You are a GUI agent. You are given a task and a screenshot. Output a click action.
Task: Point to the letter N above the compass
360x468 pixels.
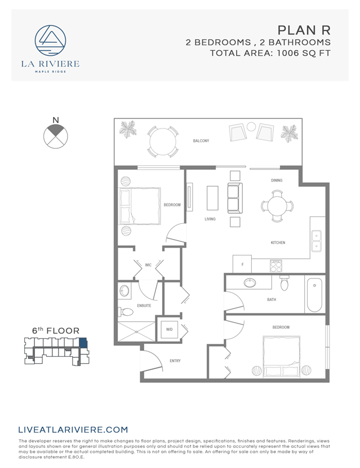55,120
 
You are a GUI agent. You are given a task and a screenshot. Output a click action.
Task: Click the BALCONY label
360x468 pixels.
201,141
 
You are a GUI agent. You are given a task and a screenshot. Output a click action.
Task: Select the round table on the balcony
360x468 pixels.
162,141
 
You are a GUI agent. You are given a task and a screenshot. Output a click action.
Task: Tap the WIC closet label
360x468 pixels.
148,264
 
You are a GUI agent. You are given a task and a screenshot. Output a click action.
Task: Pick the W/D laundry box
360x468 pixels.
169,329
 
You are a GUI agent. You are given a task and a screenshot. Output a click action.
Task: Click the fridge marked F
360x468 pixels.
242,264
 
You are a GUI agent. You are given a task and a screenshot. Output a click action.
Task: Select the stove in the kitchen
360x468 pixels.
275,266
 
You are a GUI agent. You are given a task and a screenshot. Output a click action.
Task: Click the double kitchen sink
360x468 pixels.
317,241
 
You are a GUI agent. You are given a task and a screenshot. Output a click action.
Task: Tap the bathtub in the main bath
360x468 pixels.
314,294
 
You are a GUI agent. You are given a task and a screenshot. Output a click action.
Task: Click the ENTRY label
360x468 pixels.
175,361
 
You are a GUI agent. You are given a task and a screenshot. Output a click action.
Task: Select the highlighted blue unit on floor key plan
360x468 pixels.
83,344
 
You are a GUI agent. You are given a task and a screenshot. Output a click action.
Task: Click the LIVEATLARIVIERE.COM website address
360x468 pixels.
73,430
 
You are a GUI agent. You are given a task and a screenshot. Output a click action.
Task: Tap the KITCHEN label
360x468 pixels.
278,243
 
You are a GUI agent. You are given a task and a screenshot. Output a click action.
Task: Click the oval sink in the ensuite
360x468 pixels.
125,291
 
